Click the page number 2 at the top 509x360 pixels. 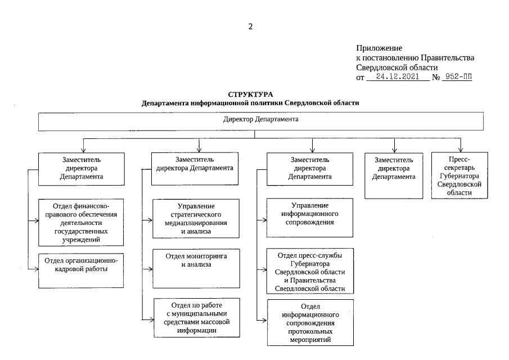(251, 26)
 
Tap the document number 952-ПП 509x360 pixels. (457, 77)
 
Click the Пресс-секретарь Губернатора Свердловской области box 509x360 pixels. (460, 175)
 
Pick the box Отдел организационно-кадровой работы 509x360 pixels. (81, 271)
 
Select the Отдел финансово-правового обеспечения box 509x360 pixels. (81, 222)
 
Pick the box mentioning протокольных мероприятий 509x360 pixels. (310, 322)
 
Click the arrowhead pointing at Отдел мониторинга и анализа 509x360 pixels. (150, 269)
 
